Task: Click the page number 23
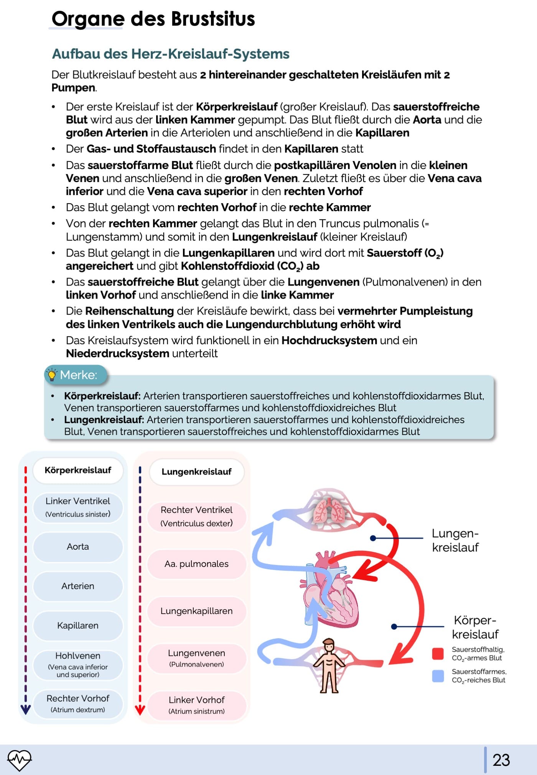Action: (x=501, y=760)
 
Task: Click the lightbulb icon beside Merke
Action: (x=51, y=374)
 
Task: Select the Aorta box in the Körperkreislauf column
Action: (x=78, y=547)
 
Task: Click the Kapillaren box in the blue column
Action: (x=78, y=626)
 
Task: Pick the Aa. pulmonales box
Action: (x=196, y=564)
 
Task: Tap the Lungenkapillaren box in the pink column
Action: (x=196, y=611)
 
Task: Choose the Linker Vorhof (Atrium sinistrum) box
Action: (x=196, y=705)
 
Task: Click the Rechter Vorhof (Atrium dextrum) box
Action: (x=78, y=703)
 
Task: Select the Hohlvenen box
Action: (x=78, y=664)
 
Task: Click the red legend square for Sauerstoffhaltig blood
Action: (x=438, y=653)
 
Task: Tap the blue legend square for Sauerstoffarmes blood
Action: (x=438, y=676)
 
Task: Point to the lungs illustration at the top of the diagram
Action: (x=329, y=510)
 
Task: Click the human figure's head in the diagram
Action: (x=329, y=645)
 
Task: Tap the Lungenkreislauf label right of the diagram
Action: (x=455, y=540)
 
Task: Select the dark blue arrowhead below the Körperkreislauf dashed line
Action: (x=26, y=709)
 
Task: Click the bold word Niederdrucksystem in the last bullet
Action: (x=117, y=353)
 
